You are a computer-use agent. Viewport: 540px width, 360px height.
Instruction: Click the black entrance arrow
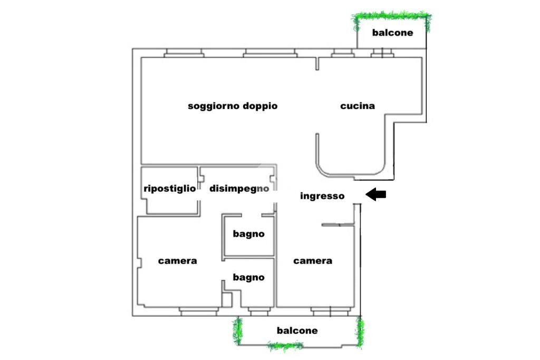(375, 195)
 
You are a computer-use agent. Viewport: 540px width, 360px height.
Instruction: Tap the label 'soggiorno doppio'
(233, 106)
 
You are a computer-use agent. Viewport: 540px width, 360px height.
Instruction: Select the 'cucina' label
(358, 106)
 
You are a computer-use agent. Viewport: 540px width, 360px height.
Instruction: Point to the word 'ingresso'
(322, 196)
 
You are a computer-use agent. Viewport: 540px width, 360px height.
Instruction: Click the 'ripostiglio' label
(170, 189)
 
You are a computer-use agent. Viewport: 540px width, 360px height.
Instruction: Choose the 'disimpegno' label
(239, 189)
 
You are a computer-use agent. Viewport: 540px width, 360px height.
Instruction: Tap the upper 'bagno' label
(249, 234)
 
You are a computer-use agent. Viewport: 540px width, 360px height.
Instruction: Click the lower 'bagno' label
(249, 277)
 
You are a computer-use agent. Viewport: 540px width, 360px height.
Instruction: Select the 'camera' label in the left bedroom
(178, 261)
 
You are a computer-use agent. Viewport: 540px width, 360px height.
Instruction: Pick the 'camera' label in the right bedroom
(313, 261)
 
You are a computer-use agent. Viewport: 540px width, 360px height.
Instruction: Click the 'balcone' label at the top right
(392, 33)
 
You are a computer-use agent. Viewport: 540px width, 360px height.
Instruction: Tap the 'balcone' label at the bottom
(297, 330)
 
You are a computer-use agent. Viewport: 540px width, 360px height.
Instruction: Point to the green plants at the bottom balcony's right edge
(360, 332)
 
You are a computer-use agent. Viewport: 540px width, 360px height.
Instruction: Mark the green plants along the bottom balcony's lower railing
(285, 346)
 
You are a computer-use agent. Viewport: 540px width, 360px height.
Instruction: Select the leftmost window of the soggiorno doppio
(184, 53)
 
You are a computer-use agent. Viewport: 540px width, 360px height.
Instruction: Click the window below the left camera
(199, 312)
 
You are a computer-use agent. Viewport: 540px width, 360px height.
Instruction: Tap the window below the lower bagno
(259, 312)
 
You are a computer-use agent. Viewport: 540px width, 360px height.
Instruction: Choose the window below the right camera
(331, 312)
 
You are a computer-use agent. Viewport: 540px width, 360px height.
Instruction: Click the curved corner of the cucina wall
(323, 170)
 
